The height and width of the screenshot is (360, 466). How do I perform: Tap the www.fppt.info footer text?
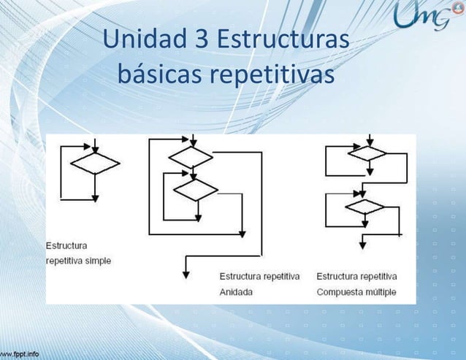[20, 354]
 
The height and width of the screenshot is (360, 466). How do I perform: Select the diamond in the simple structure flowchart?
[95, 164]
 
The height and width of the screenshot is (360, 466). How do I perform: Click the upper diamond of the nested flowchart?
[191, 156]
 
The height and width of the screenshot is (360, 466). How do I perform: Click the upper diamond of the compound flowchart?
[367, 153]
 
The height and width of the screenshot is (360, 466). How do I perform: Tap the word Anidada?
[237, 291]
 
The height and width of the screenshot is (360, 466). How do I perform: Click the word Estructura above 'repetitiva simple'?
[67, 245]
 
